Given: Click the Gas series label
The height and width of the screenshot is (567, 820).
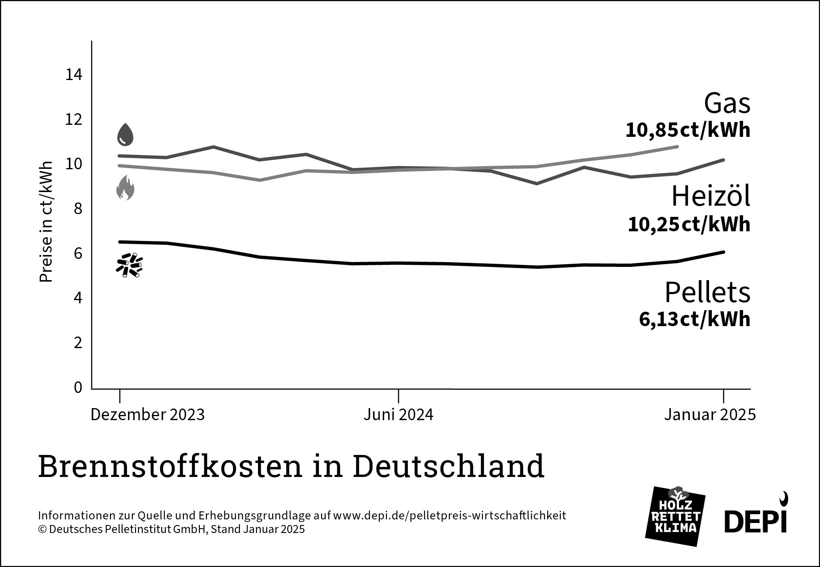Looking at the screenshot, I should click(x=727, y=104).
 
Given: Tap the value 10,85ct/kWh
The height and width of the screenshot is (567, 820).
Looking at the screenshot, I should click(x=687, y=131).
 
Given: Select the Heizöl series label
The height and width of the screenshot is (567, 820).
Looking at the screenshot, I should click(x=710, y=197).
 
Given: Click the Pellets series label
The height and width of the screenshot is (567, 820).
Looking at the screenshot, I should click(x=707, y=293).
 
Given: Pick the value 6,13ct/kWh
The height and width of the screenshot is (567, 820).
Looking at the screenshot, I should click(x=694, y=320).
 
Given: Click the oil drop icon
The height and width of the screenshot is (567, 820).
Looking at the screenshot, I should click(x=125, y=134).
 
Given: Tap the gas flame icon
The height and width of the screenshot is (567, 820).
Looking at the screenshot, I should click(x=125, y=188).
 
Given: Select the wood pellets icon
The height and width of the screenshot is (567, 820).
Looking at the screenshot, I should click(x=129, y=265).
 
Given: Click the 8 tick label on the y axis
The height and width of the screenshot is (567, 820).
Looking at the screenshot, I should click(x=78, y=209).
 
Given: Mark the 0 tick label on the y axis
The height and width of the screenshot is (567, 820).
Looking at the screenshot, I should click(x=78, y=387).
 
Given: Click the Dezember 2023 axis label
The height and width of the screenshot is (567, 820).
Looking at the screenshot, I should click(x=147, y=415).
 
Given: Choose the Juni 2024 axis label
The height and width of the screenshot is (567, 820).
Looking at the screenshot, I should click(x=398, y=415).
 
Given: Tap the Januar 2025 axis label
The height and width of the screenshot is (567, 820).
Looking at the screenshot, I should click(x=710, y=415).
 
